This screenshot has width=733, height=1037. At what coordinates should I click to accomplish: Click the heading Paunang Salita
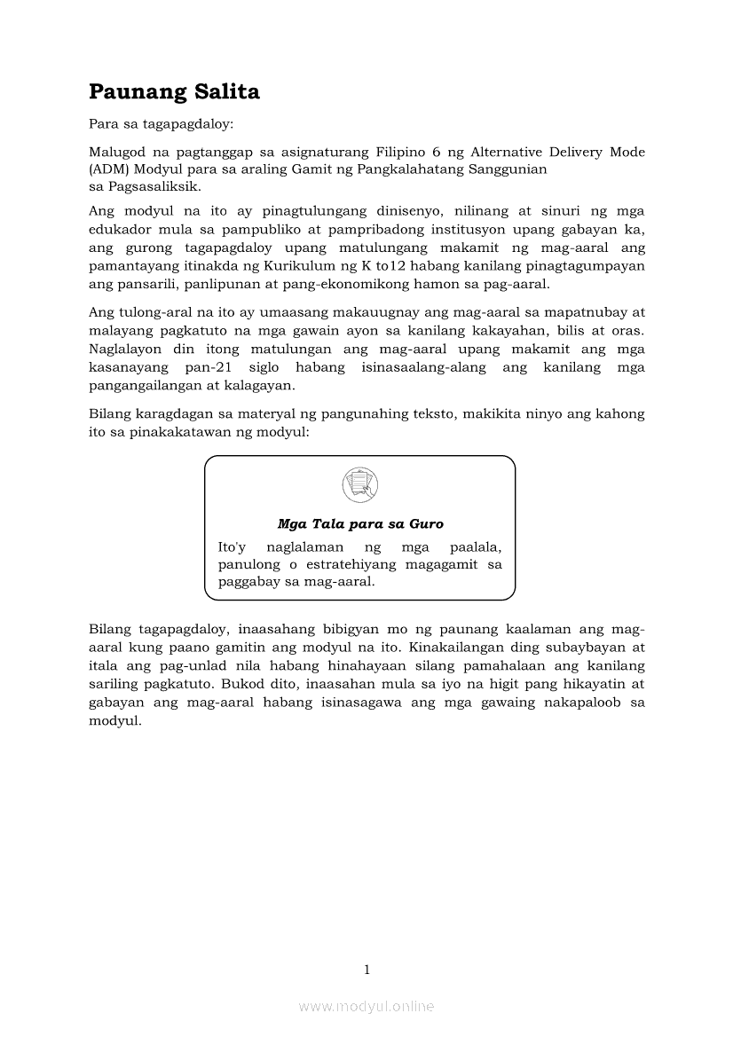click(174, 92)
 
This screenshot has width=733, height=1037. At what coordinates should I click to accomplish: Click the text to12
click(398, 265)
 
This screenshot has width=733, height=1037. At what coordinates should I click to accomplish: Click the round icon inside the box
click(359, 484)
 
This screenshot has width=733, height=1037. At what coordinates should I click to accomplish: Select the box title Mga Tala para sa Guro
click(359, 524)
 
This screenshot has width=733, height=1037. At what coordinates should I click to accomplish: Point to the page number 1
click(366, 970)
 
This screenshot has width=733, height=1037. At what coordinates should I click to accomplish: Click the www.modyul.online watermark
click(366, 1006)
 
